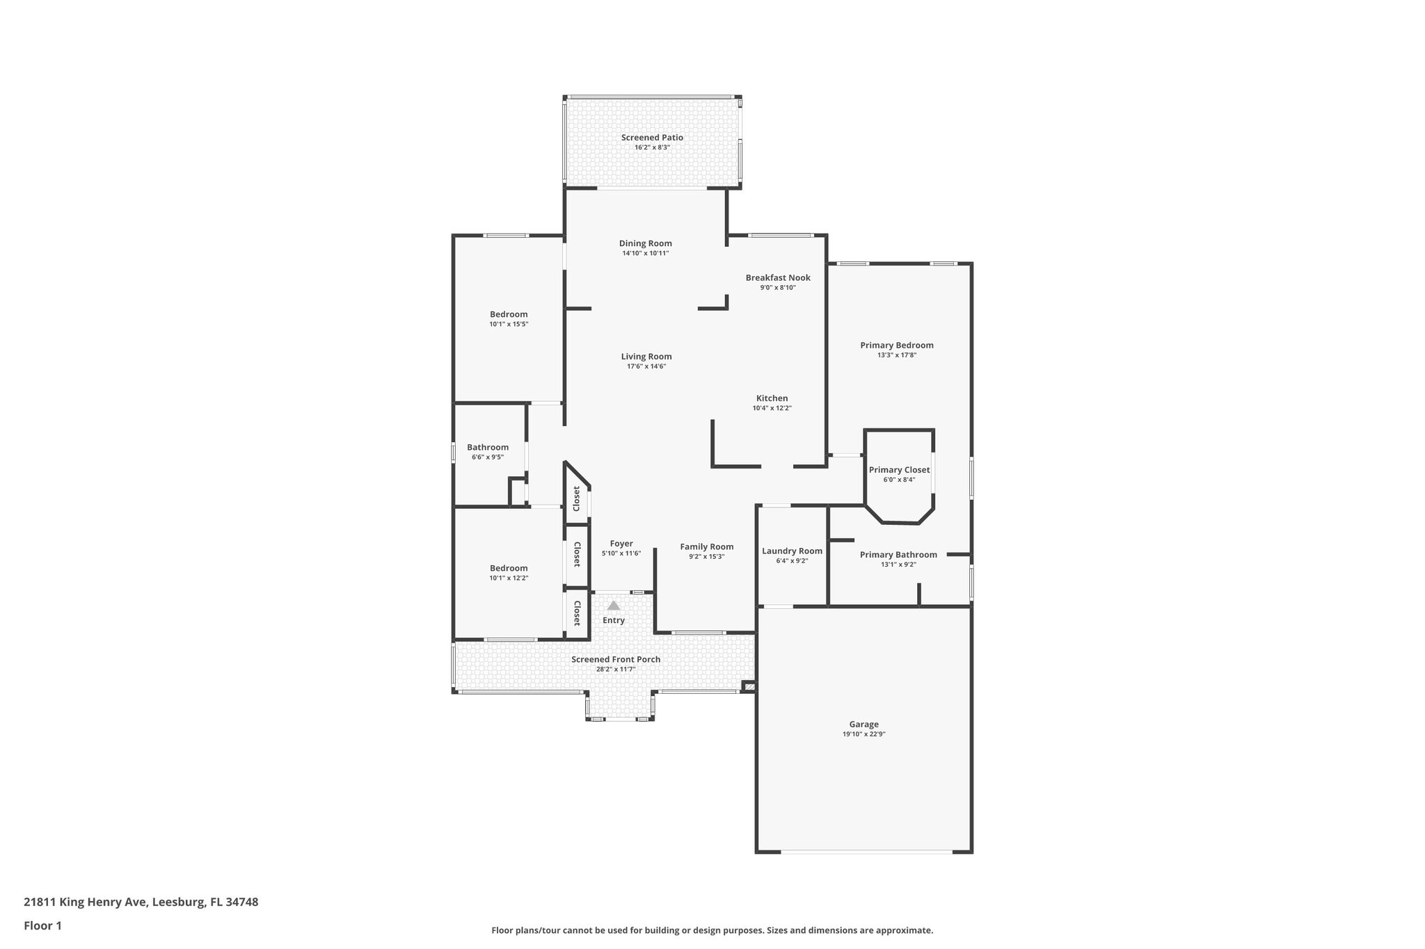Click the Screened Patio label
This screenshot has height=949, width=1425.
(x=652, y=138)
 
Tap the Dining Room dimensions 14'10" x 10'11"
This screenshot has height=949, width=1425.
(x=645, y=253)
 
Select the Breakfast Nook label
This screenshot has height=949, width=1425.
(x=778, y=277)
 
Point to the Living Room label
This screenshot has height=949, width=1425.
(x=646, y=357)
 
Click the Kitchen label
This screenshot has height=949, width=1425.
(x=772, y=398)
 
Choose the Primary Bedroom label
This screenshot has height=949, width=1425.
(x=896, y=345)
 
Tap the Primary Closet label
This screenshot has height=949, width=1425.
(x=899, y=470)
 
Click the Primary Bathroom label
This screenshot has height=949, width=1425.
(x=898, y=554)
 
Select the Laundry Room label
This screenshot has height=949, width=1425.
(x=792, y=551)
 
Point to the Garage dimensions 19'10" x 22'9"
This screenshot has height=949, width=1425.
(x=863, y=734)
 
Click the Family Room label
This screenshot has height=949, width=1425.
(x=706, y=546)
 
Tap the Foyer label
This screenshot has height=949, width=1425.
(x=621, y=544)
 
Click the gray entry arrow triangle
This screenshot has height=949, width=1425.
(x=613, y=606)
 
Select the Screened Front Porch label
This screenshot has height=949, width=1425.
(x=616, y=659)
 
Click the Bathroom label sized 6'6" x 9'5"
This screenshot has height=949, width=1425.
(x=488, y=447)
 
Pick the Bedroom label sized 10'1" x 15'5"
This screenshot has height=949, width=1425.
(x=509, y=314)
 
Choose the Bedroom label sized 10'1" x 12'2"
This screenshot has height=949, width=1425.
(x=509, y=568)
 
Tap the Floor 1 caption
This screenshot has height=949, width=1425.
(x=42, y=925)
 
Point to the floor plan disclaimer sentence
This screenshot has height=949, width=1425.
(x=712, y=930)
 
